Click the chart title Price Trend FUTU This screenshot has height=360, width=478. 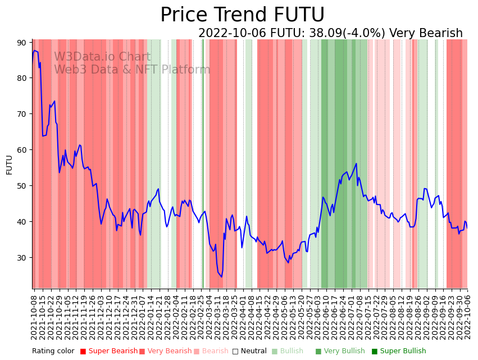242,15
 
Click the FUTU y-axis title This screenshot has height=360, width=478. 9,165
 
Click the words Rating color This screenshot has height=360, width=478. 53,352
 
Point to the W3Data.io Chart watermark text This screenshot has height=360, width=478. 102,57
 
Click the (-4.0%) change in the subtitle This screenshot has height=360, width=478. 363,34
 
